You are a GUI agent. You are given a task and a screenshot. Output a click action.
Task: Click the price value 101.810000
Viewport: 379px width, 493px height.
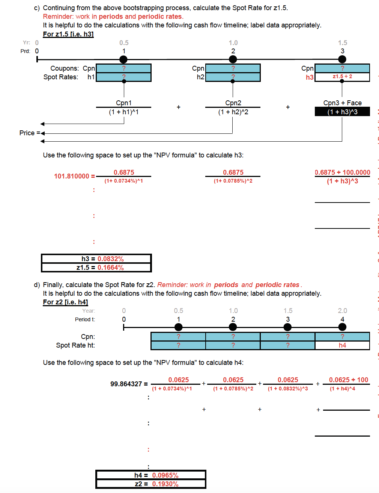click(x=72, y=176)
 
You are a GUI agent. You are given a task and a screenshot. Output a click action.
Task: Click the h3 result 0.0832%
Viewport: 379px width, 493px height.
click(x=110, y=259)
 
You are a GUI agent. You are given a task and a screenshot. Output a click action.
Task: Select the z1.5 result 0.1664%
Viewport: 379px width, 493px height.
click(x=110, y=268)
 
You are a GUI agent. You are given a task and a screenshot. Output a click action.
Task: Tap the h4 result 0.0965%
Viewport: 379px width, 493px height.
click(x=165, y=475)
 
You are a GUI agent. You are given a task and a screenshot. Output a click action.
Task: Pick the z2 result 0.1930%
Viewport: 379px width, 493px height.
click(x=165, y=484)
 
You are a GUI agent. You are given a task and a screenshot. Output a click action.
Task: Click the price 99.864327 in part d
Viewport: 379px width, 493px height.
click(x=126, y=384)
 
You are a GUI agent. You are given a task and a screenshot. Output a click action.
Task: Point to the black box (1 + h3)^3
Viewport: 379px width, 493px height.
click(x=342, y=112)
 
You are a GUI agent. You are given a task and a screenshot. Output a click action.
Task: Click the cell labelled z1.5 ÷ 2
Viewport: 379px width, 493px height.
click(x=342, y=77)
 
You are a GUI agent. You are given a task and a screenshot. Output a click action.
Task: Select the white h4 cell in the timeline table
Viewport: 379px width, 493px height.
click(x=342, y=345)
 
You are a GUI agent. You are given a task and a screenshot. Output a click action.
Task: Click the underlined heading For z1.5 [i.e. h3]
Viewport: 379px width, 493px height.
click(x=68, y=34)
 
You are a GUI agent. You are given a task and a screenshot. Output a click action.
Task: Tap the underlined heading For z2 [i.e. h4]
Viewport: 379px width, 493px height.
click(x=65, y=302)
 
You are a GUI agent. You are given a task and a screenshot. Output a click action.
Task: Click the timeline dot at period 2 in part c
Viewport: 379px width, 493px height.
click(x=233, y=59)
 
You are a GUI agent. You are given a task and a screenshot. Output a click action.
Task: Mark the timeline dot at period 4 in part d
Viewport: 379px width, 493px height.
click(x=342, y=327)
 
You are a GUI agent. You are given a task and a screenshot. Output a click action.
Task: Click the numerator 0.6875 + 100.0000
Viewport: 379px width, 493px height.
click(x=342, y=172)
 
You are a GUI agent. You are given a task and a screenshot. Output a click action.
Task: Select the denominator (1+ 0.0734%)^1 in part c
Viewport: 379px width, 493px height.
click(x=123, y=181)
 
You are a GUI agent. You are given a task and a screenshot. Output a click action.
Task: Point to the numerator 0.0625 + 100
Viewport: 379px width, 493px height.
click(x=348, y=380)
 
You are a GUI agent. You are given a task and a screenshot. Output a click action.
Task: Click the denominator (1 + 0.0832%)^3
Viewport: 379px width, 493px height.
click(x=288, y=389)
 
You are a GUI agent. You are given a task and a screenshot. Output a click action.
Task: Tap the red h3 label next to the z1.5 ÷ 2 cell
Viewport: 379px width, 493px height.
click(x=310, y=77)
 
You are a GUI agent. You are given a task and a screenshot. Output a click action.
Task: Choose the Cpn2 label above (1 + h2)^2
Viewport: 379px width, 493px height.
click(x=233, y=103)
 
